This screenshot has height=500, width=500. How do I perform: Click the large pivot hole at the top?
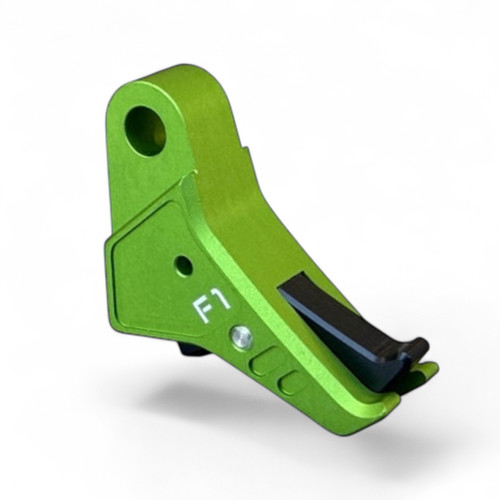tap(145, 130)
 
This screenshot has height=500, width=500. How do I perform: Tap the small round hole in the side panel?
tap(182, 266)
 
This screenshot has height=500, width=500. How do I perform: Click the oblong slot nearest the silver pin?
tap(265, 361)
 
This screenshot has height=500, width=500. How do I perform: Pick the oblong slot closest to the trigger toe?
tap(289, 382)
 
